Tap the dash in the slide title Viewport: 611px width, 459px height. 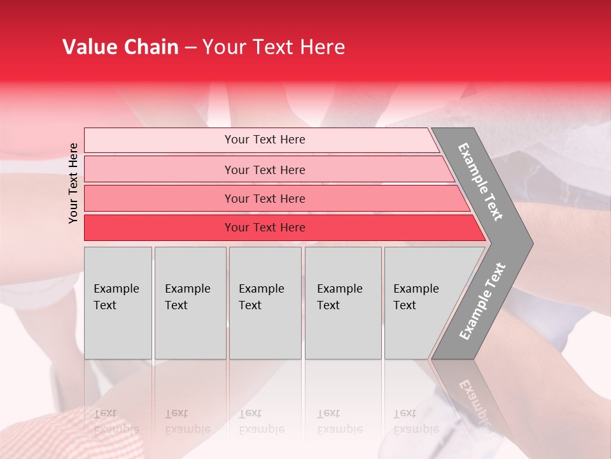[x=190, y=48]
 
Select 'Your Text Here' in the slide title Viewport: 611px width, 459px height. [x=274, y=47]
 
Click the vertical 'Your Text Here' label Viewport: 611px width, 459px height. [x=73, y=183]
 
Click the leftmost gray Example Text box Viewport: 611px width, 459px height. [x=118, y=303]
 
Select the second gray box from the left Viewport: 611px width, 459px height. [x=190, y=303]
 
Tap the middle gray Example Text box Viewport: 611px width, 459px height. [x=265, y=303]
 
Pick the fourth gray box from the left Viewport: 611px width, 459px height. [x=343, y=303]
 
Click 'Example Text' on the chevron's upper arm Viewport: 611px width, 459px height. [x=481, y=182]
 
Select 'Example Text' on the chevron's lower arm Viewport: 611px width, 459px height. [x=482, y=302]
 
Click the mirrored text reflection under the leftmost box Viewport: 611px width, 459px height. [x=116, y=421]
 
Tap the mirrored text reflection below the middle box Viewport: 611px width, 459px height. [x=261, y=421]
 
